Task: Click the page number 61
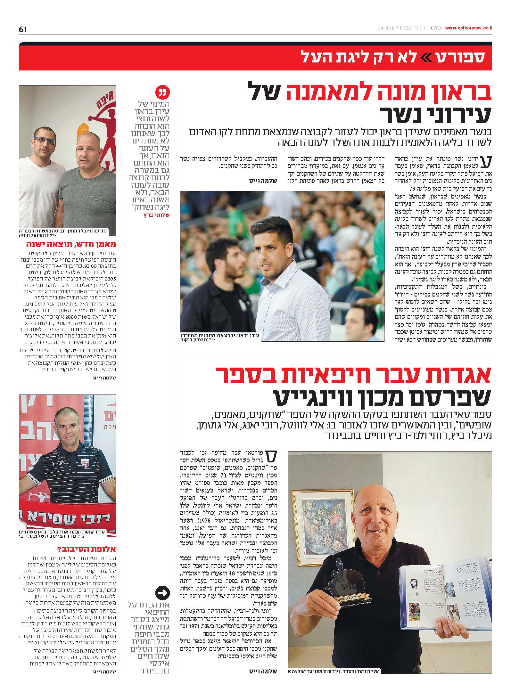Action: tap(23, 29)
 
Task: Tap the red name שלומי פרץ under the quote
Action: tap(156, 215)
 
